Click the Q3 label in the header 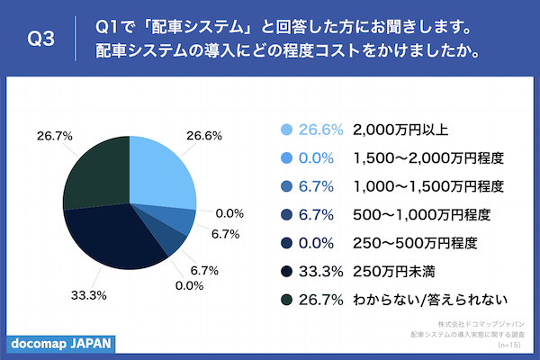click(x=42, y=39)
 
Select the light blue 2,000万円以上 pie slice click(x=162, y=171)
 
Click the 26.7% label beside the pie click(x=52, y=136)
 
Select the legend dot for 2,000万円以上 click(x=287, y=130)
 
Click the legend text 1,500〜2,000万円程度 click(x=427, y=157)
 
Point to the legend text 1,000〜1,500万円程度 click(x=427, y=186)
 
